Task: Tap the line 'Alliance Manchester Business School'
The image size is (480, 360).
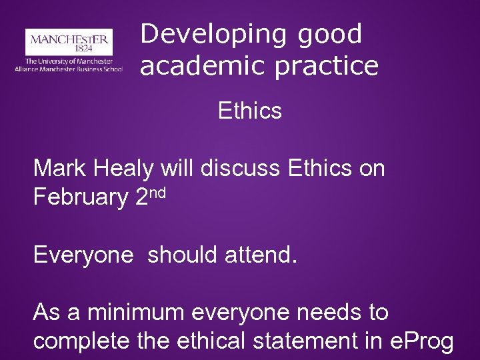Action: (69, 68)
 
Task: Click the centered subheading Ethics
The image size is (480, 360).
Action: (250, 111)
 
